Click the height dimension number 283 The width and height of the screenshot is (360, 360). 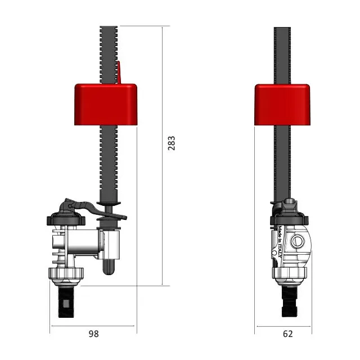coord(172,144)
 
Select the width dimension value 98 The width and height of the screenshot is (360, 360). coord(93,334)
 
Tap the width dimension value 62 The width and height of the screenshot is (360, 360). coord(287,334)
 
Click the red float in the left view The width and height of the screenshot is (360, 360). coord(106,104)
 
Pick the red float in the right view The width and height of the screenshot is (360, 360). coord(282,105)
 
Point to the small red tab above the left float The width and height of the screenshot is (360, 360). coord(119,73)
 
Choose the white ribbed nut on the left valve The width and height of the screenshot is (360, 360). coord(66,274)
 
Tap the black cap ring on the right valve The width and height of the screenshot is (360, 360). coord(289,217)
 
